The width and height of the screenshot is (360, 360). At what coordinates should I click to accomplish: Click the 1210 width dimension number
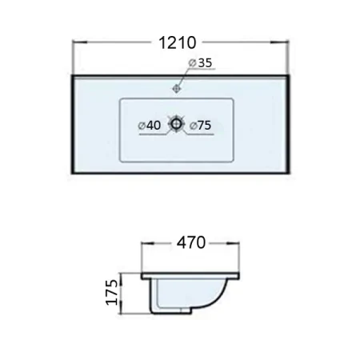[178, 42]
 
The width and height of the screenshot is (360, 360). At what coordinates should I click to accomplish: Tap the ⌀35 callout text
[200, 63]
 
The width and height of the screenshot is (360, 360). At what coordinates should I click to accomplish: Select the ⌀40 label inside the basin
[150, 126]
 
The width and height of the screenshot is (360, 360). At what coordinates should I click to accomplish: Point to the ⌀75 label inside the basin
[200, 126]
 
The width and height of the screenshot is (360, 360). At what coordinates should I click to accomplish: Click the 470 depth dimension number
[191, 242]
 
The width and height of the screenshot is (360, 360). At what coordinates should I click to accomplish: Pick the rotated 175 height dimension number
[112, 292]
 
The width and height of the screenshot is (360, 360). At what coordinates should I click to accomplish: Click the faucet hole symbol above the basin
[177, 88]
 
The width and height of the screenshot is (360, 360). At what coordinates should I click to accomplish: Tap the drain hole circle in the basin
[176, 123]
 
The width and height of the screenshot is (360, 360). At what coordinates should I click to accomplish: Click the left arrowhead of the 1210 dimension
[80, 42]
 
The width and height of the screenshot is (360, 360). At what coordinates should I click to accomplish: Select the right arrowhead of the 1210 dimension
[280, 42]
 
